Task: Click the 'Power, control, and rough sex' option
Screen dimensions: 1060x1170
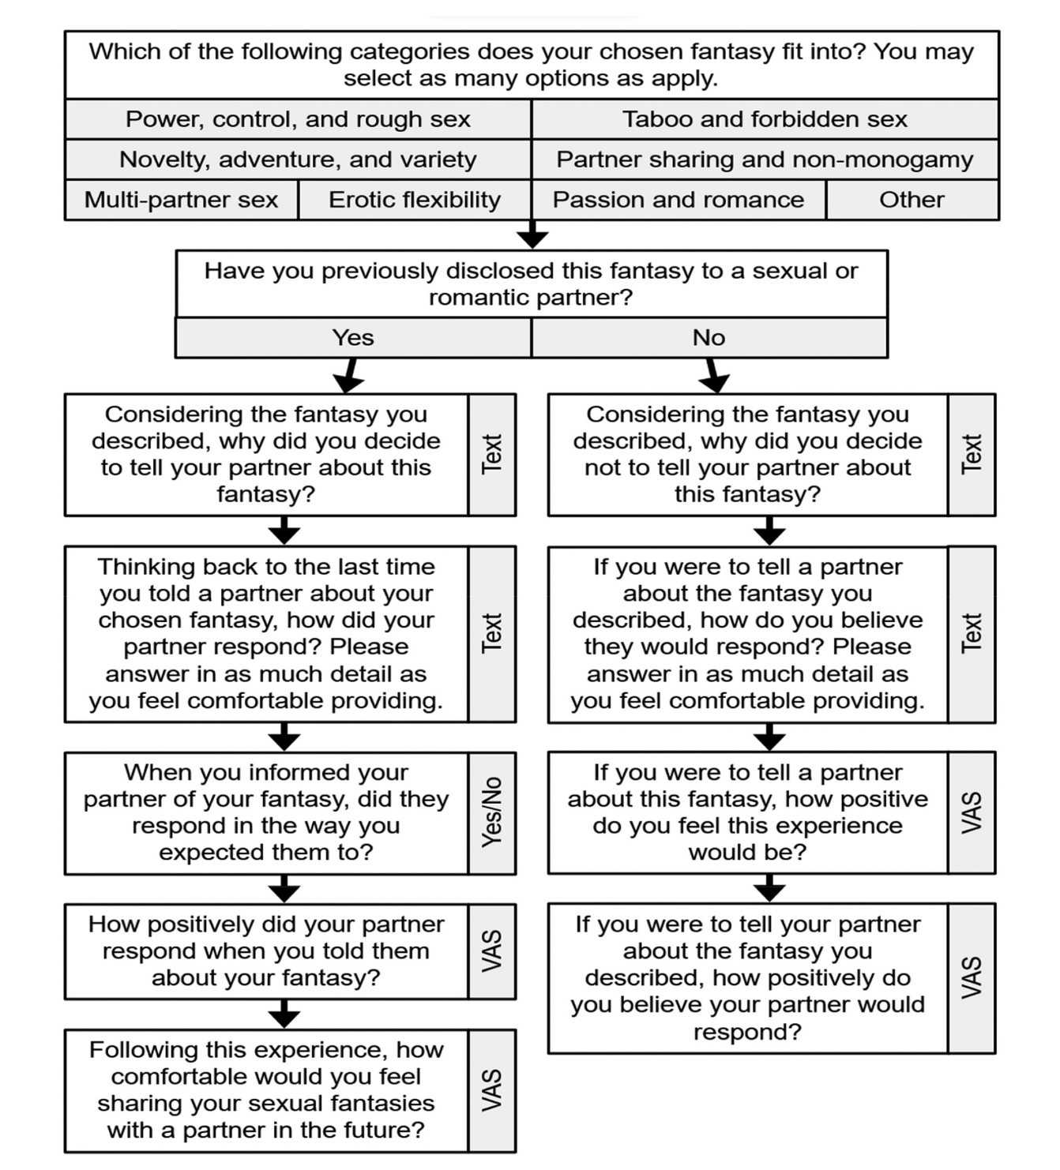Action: (299, 119)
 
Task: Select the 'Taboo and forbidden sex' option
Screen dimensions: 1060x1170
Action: (765, 119)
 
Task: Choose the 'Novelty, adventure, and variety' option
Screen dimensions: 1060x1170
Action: (299, 159)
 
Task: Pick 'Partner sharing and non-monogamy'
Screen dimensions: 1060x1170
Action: (765, 159)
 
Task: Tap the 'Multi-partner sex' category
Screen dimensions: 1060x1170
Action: (182, 200)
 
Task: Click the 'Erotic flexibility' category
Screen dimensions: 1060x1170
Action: (415, 200)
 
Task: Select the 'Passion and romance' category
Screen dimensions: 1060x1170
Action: (678, 200)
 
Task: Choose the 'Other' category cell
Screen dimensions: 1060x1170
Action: (912, 200)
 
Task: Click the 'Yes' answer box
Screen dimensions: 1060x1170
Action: (353, 338)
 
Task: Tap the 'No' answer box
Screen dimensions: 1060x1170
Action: (709, 338)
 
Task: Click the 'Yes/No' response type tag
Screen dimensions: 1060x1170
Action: (492, 812)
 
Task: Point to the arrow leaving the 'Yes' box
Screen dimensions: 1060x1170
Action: (350, 375)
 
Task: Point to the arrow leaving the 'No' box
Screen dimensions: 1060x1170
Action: (712, 375)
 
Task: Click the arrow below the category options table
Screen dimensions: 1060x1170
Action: (532, 234)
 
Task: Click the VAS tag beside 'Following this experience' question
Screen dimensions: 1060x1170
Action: (492, 1090)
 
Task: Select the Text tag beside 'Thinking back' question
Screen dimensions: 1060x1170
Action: (492, 634)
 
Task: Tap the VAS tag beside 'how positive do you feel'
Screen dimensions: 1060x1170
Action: (972, 812)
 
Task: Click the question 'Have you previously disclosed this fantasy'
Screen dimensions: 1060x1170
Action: (532, 284)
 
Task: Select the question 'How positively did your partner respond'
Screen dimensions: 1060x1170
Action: (267, 951)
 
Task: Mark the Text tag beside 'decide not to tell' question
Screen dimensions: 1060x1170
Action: (972, 455)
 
